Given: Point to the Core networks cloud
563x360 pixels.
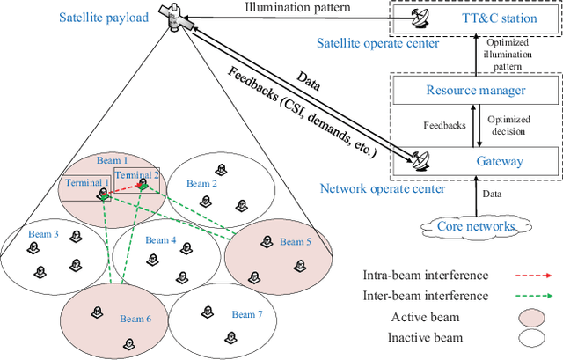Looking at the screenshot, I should point(475,226).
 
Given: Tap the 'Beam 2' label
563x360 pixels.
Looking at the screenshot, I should point(201,184).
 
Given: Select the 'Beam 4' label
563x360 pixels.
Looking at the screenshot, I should point(161,239).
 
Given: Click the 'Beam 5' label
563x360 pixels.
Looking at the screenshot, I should point(295,240).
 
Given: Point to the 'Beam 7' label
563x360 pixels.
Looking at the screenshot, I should point(247,314).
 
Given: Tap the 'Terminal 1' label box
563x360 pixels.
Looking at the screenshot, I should point(86,183).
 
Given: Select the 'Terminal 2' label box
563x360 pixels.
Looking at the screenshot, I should point(136,175).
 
